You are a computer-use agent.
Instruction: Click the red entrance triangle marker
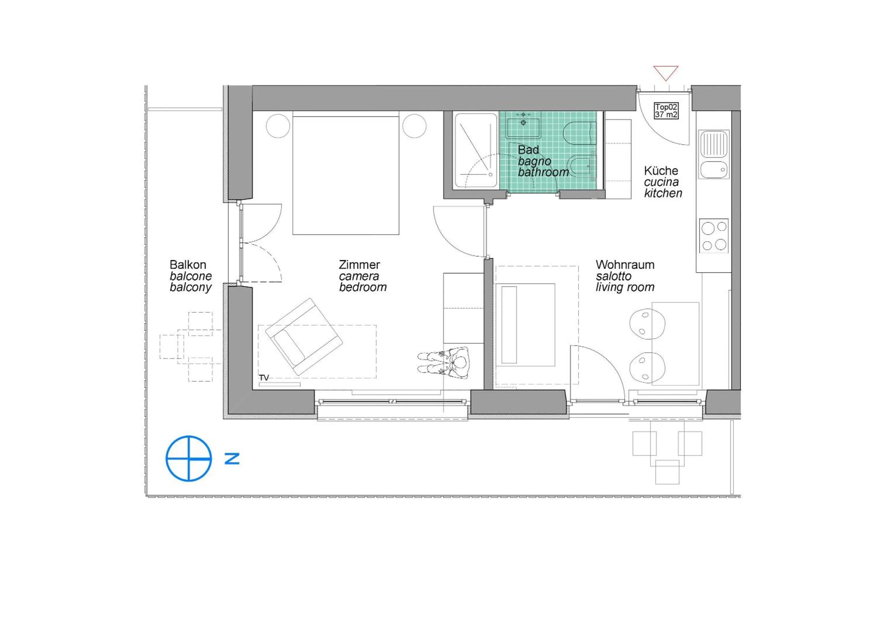pyautogui.click(x=665, y=72)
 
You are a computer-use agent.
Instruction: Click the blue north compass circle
pyautogui.click(x=189, y=458)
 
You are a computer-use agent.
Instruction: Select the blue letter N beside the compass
pyautogui.click(x=232, y=458)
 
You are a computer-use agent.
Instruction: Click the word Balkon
pyautogui.click(x=188, y=265)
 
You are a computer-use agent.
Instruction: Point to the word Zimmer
pyautogui.click(x=359, y=265)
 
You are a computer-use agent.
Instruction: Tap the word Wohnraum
pyautogui.click(x=625, y=265)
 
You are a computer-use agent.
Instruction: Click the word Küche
pyautogui.click(x=661, y=171)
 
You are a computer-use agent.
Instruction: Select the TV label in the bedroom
pyautogui.click(x=264, y=377)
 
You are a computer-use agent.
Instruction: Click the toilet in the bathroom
pyautogui.click(x=579, y=133)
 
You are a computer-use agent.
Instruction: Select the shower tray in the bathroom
pyautogui.click(x=476, y=150)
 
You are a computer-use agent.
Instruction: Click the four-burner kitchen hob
pyautogui.click(x=714, y=236)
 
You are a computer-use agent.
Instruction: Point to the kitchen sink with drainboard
pyautogui.click(x=714, y=154)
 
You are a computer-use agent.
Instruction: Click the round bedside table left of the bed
pyautogui.click(x=278, y=126)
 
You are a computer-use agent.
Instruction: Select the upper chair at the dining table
pyautogui.click(x=646, y=324)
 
